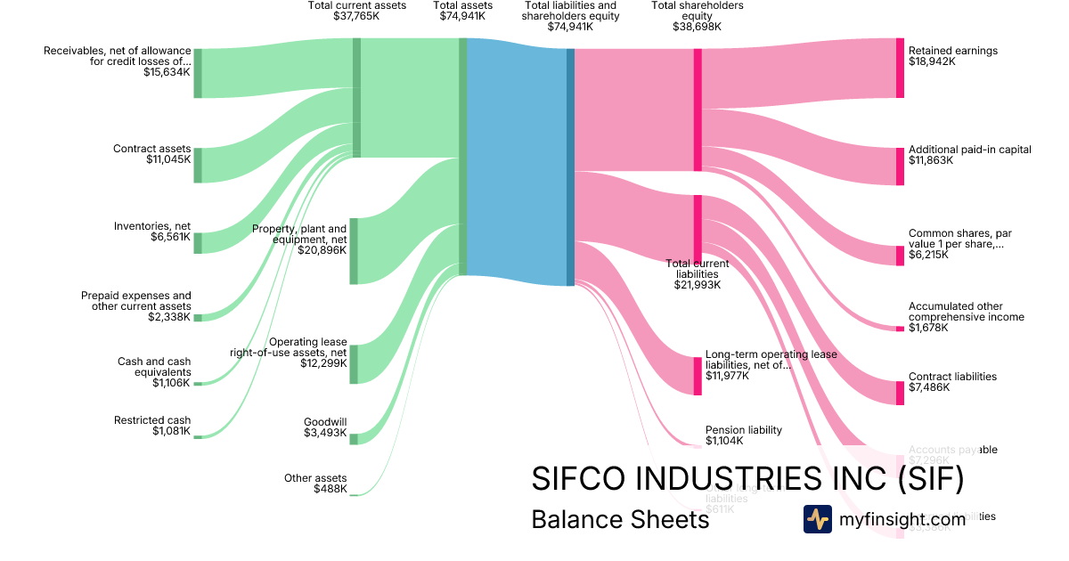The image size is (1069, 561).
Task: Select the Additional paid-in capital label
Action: click(969, 150)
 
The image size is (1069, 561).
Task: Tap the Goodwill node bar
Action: click(353, 438)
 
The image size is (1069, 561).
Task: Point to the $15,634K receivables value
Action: click(167, 72)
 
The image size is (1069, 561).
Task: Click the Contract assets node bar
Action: click(198, 165)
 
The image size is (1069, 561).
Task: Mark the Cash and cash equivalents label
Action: click(154, 367)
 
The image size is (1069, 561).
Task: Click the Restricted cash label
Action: click(152, 420)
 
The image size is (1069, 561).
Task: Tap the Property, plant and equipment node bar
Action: click(353, 250)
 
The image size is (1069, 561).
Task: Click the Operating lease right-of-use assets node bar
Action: click(353, 363)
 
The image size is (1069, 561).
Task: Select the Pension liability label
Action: click(743, 430)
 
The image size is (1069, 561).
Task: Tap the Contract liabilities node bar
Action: click(900, 393)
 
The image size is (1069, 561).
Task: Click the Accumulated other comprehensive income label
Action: click(966, 312)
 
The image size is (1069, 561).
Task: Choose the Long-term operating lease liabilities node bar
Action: click(698, 376)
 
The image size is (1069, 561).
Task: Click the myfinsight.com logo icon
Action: click(817, 519)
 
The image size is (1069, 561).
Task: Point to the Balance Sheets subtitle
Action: click(620, 519)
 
